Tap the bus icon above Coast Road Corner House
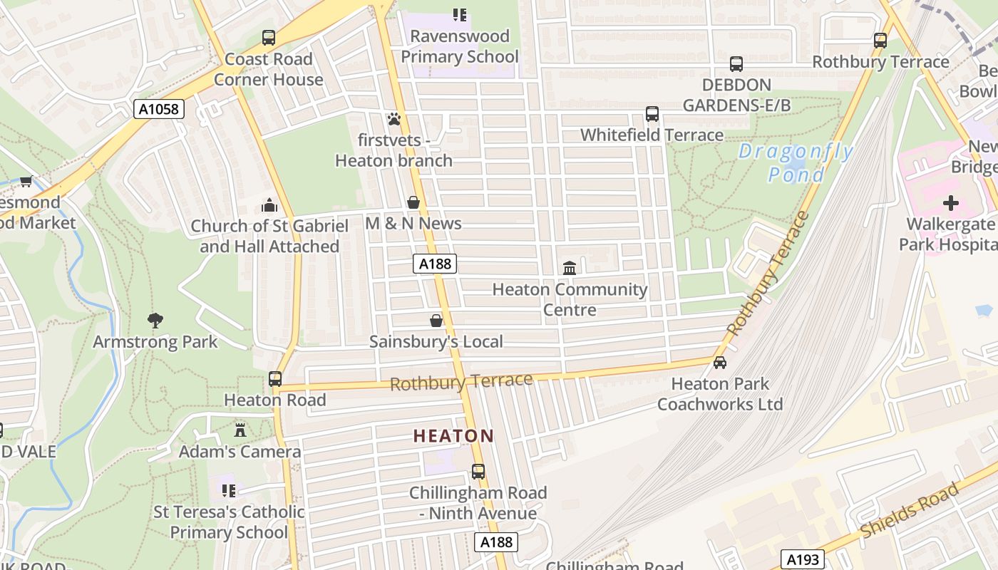coord(269,38)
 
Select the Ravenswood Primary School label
coord(460,46)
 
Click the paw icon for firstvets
coord(394,119)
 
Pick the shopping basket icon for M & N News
coord(413,203)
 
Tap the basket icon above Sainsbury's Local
coord(436,321)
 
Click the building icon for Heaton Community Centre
coord(570,269)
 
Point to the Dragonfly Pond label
coord(796,162)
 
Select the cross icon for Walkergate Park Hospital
coord(950,204)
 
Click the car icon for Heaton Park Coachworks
coord(720,363)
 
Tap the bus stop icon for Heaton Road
coord(275,379)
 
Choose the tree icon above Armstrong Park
coord(155,321)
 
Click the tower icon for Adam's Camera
coord(240,430)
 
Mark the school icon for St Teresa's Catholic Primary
coord(229,490)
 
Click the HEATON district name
coord(453,436)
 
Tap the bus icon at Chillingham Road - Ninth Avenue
coord(478,472)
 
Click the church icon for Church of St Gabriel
coord(269,206)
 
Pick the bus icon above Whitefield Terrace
coord(652,114)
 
